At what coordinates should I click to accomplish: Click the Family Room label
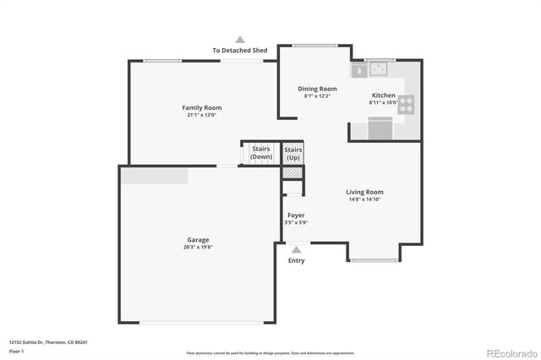tap(201, 107)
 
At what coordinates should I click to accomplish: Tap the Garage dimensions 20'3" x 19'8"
tap(197, 248)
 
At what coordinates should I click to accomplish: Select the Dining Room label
tap(317, 89)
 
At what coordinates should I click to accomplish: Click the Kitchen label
tap(383, 95)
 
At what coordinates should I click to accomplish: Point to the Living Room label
tap(365, 192)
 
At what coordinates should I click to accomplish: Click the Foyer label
tap(296, 215)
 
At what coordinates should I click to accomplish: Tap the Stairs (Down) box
tap(261, 153)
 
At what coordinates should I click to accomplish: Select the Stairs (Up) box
tap(292, 153)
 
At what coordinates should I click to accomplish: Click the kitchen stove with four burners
tap(407, 105)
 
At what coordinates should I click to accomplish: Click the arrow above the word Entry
tap(296, 249)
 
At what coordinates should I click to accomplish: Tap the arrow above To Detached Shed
tap(240, 39)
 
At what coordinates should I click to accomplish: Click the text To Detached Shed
tap(240, 51)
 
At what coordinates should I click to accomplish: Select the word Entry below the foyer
tap(296, 260)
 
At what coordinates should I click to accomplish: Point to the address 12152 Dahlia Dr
tap(48, 342)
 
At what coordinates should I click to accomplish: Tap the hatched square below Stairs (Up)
tap(292, 172)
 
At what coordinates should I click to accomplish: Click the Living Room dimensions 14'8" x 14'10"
tap(365, 199)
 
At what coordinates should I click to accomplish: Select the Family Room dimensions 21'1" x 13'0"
tap(201, 115)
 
